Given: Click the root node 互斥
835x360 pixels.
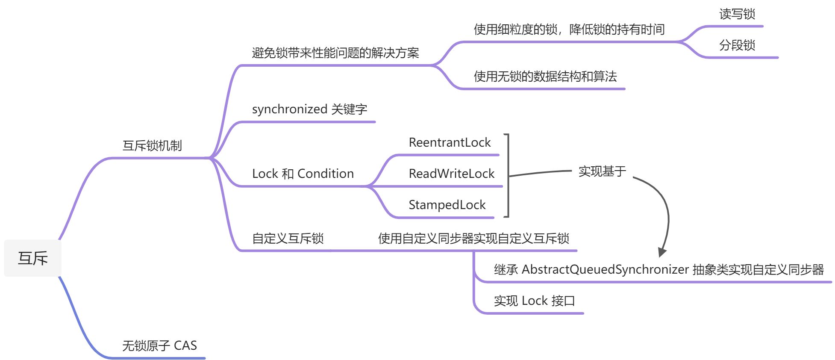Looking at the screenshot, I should pyautogui.click(x=32, y=258).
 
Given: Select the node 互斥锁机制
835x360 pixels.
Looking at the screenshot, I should pyautogui.click(x=152, y=146).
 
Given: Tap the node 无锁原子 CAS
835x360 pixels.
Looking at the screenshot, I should pyautogui.click(x=159, y=345).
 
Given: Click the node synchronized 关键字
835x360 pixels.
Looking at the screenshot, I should pyautogui.click(x=309, y=109).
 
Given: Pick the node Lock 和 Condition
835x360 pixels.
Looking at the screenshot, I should pyautogui.click(x=303, y=174).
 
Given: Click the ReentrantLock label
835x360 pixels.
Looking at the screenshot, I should pyautogui.click(x=450, y=142).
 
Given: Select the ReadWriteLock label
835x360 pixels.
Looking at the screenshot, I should pyautogui.click(x=451, y=174).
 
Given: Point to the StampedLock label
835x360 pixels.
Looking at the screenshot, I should pyautogui.click(x=447, y=205).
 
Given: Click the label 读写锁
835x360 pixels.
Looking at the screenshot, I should pyautogui.click(x=737, y=14).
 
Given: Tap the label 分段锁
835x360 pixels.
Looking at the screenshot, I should pyautogui.click(x=737, y=45).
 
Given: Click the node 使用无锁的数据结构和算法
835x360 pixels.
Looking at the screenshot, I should pyautogui.click(x=545, y=77).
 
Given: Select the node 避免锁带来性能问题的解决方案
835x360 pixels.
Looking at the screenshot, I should pyautogui.click(x=335, y=53).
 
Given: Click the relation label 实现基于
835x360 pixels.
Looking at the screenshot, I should pyautogui.click(x=602, y=171).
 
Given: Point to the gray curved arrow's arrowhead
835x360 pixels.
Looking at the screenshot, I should pyautogui.click(x=662, y=252).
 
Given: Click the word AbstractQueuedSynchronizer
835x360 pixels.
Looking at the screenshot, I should pyautogui.click(x=605, y=269).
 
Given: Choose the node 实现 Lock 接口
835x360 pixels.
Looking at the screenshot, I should pyautogui.click(x=534, y=301).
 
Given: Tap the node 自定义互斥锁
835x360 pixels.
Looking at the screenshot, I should pyautogui.click(x=288, y=238).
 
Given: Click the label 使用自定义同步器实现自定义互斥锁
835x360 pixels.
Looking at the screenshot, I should pyautogui.click(x=473, y=238).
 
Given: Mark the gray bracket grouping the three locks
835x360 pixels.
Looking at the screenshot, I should pyautogui.click(x=508, y=176).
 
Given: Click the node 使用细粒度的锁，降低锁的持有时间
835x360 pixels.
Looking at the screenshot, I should pyautogui.click(x=569, y=30).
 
